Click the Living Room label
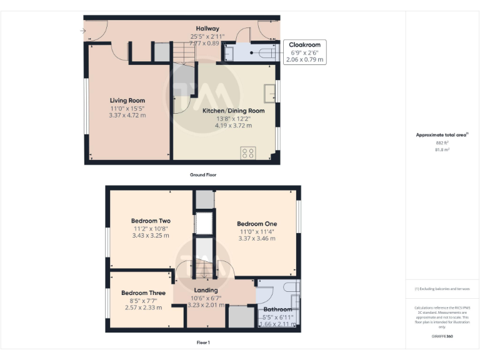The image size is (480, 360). tap(127, 101)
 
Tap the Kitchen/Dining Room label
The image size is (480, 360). tap(233, 111)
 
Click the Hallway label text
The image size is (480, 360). tap(207, 29)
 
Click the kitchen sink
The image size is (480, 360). tap(270, 92)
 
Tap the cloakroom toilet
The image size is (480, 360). tap(265, 52)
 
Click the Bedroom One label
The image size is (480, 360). tap(257, 224)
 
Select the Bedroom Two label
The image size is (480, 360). tap(151, 221)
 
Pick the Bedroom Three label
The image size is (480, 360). tap(143, 292)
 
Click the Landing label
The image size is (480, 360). tap(206, 290)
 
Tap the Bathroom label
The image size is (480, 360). tap(277, 309)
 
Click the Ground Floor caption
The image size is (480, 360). tap(203, 175)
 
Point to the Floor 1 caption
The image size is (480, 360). tap(203, 342)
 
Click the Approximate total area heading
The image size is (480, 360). tap(441, 134)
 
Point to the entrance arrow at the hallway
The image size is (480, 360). tap(84, 29)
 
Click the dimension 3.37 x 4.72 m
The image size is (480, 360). tap(127, 115)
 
